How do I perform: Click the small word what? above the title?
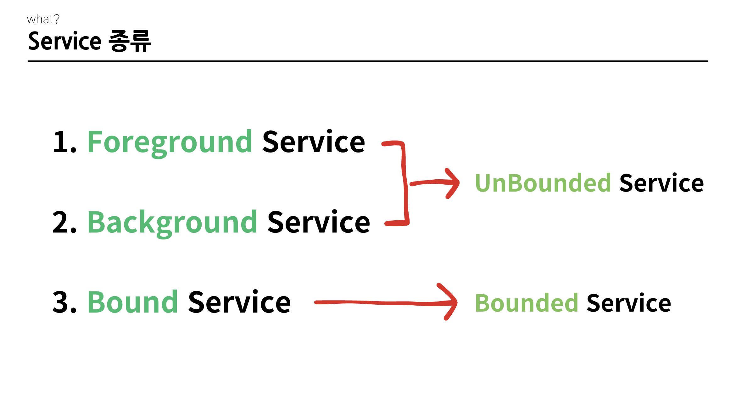point(43,19)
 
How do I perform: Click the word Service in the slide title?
point(65,41)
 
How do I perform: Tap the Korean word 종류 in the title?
point(130,41)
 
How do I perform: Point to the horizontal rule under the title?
point(368,61)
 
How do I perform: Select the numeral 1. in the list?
point(65,142)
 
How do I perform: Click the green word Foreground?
point(170,143)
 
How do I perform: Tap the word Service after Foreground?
point(314,142)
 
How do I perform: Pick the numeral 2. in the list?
point(64,222)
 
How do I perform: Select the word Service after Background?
point(319,222)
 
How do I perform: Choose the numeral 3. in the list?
point(64,302)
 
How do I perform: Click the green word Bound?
point(133,302)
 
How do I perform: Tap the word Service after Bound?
point(239,302)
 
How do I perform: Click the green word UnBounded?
point(543,183)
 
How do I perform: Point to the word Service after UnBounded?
point(661,183)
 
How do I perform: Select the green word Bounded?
point(527,303)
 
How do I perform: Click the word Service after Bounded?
point(629,303)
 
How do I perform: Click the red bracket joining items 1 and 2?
point(405,183)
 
